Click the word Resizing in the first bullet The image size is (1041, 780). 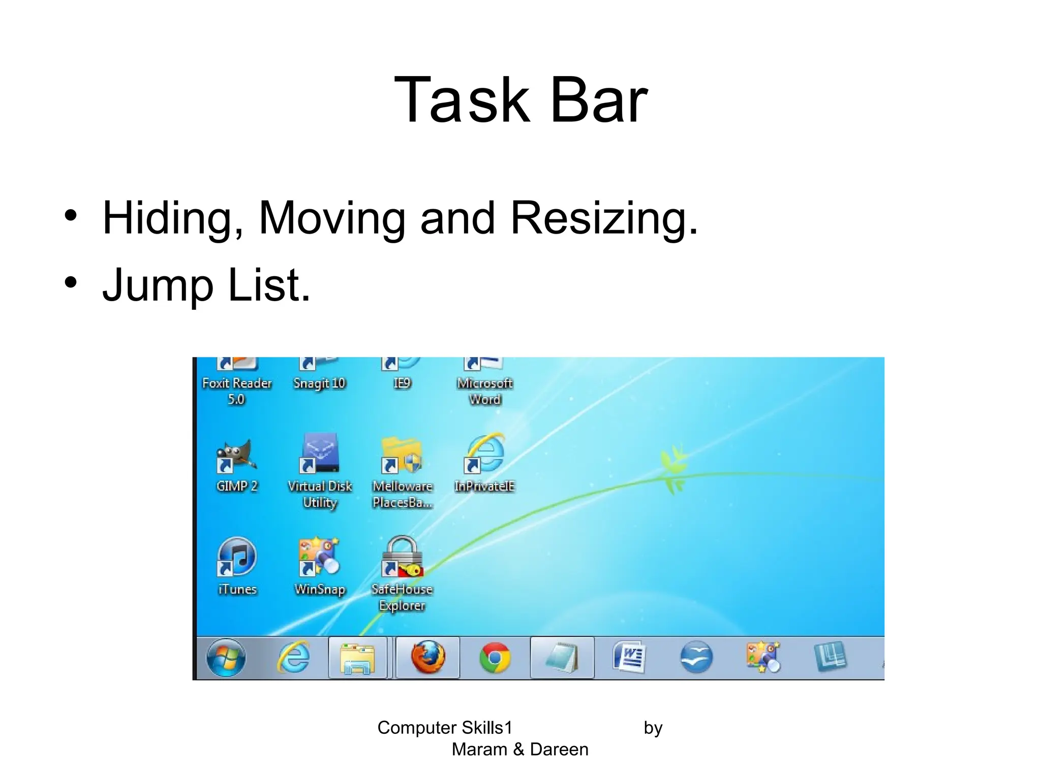click(x=604, y=218)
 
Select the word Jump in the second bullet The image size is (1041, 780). click(x=158, y=285)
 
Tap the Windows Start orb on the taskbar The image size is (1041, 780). click(x=226, y=658)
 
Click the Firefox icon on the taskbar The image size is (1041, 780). click(x=427, y=657)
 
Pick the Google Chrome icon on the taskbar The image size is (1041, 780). click(x=495, y=658)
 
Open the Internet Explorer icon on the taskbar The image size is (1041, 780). click(x=293, y=658)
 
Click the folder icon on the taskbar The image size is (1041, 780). click(x=358, y=659)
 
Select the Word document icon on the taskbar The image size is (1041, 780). click(x=629, y=658)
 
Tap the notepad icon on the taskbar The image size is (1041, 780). click(x=562, y=658)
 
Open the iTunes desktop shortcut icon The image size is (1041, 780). click(x=237, y=556)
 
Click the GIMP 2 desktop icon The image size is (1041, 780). click(x=236, y=454)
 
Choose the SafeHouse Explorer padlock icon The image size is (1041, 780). click(x=402, y=556)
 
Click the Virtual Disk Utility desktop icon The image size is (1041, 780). click(x=320, y=453)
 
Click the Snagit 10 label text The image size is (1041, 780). click(x=319, y=383)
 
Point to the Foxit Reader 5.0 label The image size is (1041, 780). click(x=237, y=391)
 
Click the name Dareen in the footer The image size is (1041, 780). click(x=559, y=750)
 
